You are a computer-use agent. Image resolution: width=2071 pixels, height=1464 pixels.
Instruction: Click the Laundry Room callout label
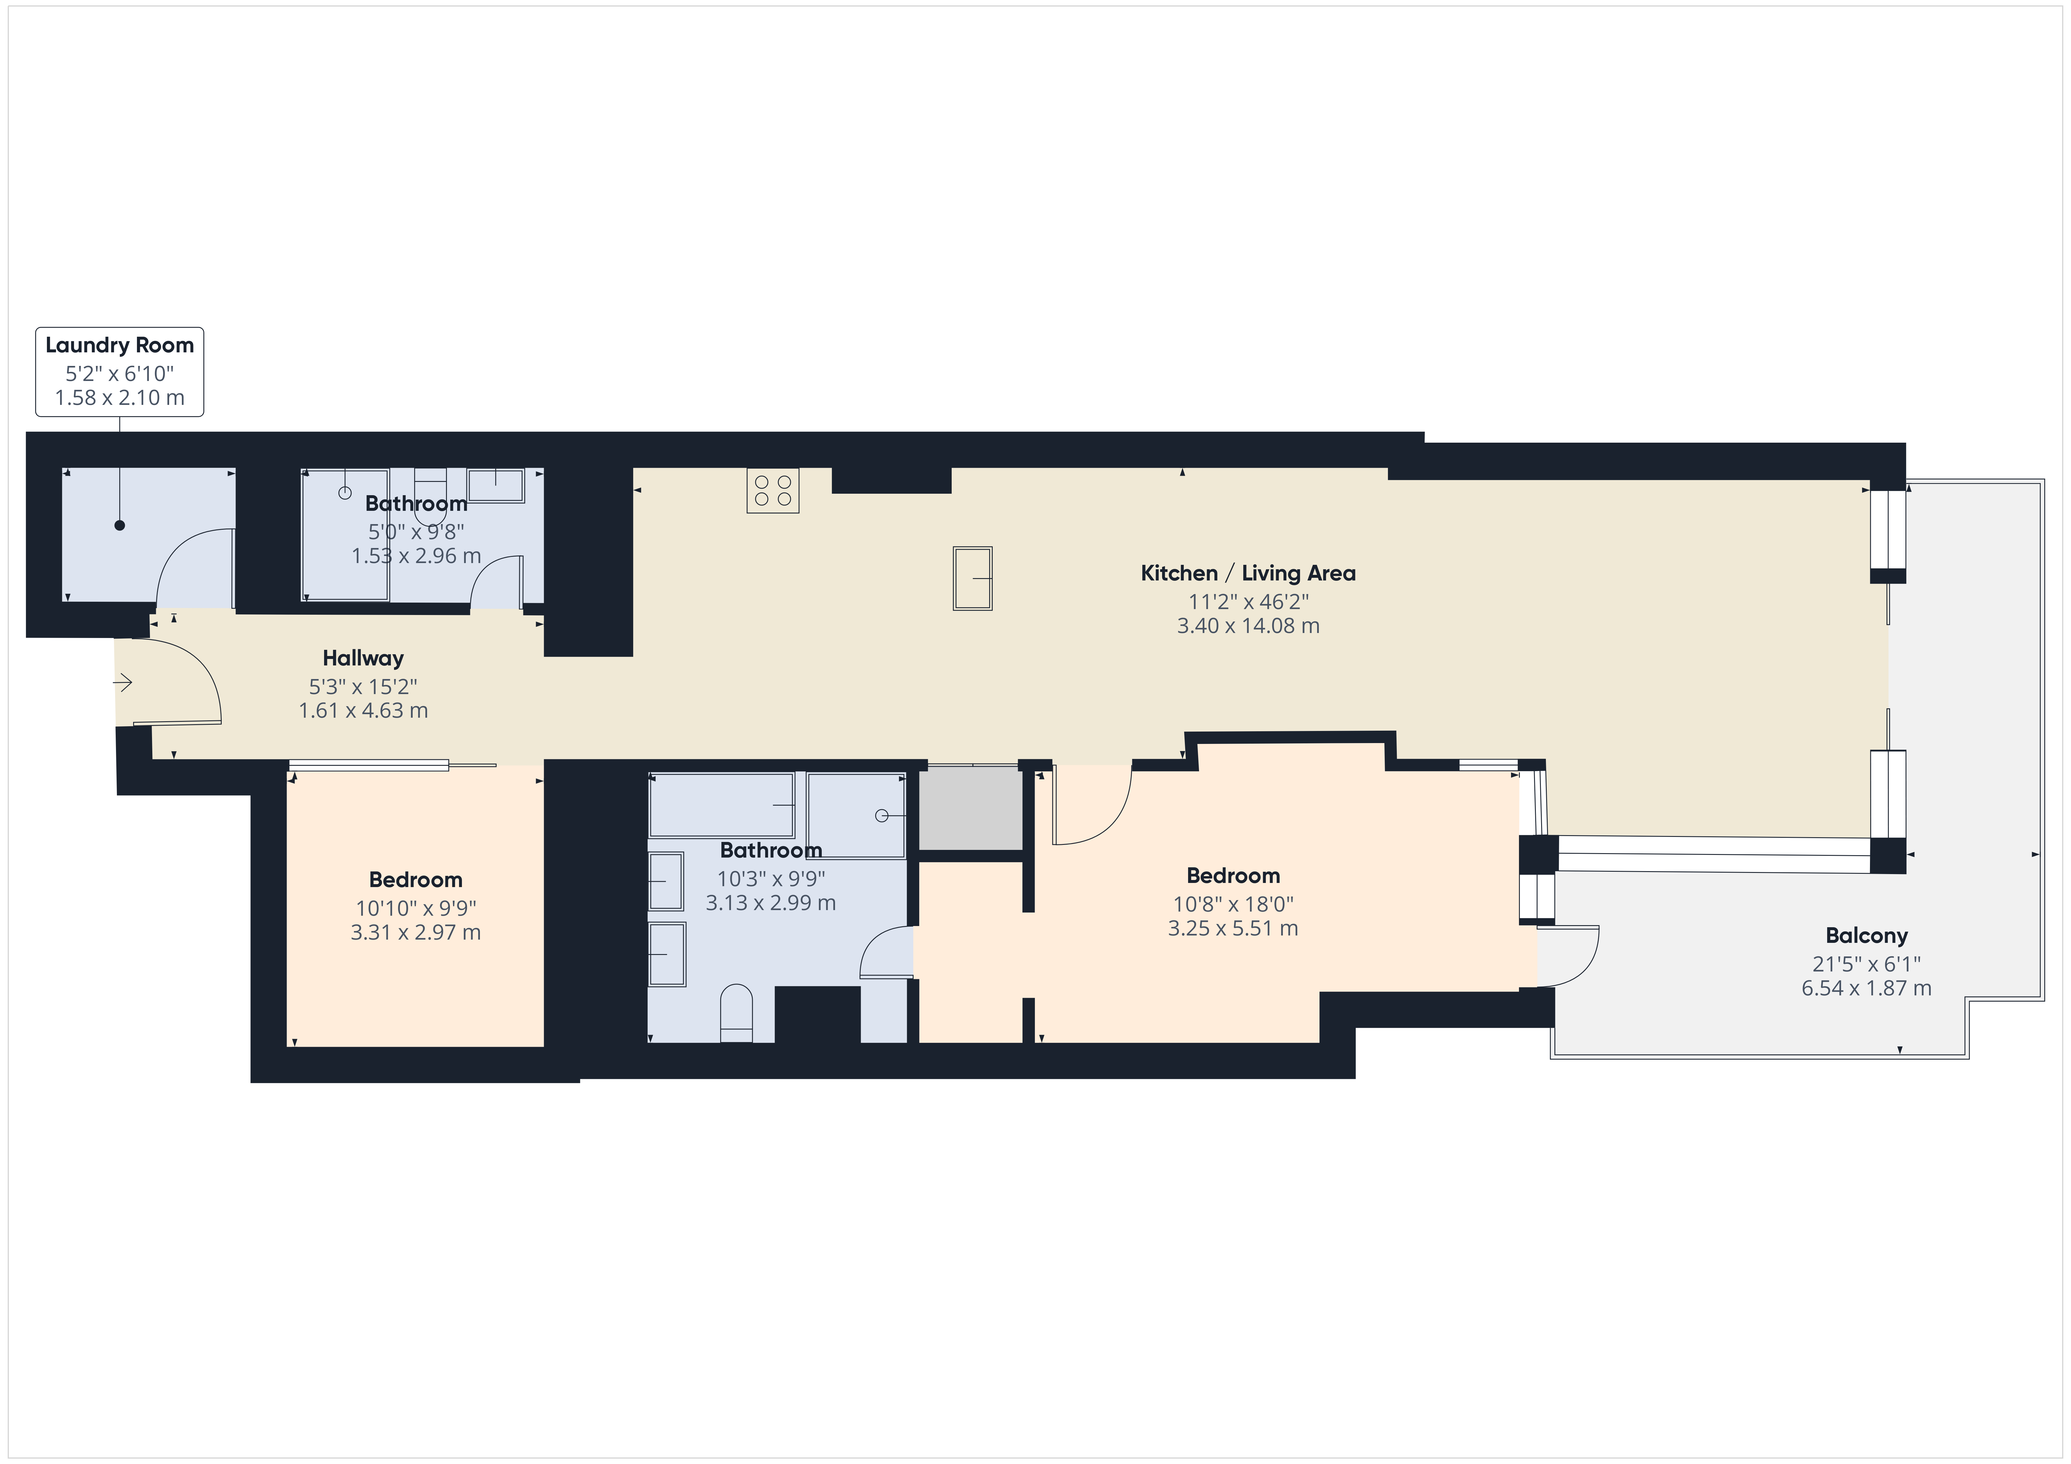point(119,372)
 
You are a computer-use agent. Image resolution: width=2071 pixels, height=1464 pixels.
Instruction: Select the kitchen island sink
point(972,578)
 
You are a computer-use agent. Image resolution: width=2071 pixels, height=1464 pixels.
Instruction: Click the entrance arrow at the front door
point(123,683)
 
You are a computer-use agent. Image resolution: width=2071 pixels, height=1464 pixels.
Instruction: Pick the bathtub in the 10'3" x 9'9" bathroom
point(722,805)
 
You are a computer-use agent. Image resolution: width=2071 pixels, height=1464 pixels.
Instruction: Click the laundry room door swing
point(195,568)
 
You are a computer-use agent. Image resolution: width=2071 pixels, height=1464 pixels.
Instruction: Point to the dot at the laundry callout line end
point(119,525)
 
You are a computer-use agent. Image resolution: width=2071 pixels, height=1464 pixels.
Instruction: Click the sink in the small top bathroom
point(495,485)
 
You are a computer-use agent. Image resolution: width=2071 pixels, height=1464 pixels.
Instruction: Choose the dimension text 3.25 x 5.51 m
point(1233,928)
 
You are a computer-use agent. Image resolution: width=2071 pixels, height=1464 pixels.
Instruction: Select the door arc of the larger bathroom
point(886,951)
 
